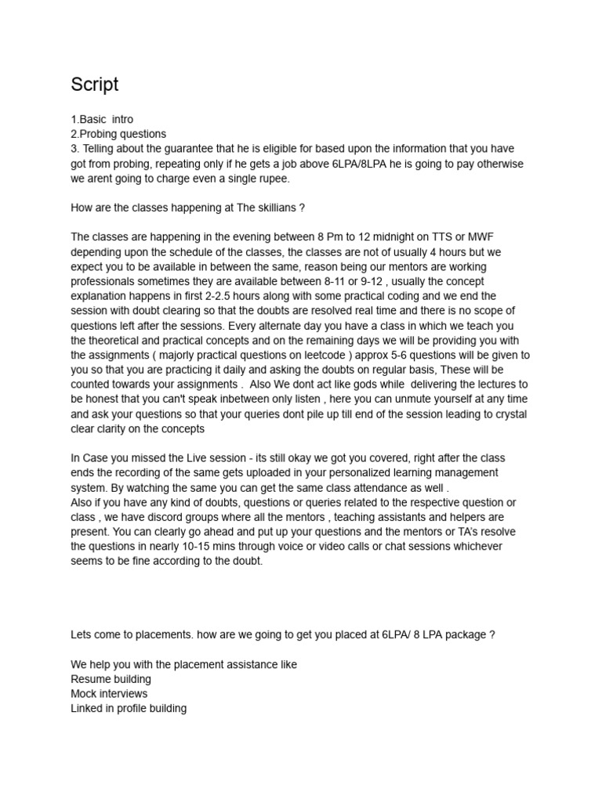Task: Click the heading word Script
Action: click(x=94, y=85)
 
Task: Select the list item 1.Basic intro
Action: click(x=102, y=120)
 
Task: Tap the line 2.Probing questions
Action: click(x=118, y=134)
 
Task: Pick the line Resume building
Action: click(x=111, y=679)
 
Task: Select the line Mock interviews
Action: click(x=109, y=694)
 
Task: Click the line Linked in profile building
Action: click(x=129, y=709)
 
